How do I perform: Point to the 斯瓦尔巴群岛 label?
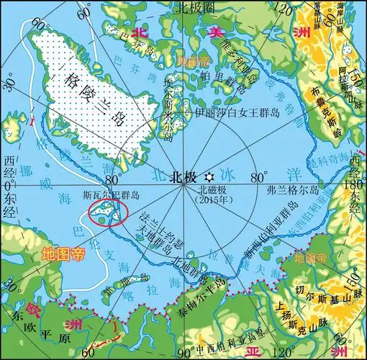coord(112,195)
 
